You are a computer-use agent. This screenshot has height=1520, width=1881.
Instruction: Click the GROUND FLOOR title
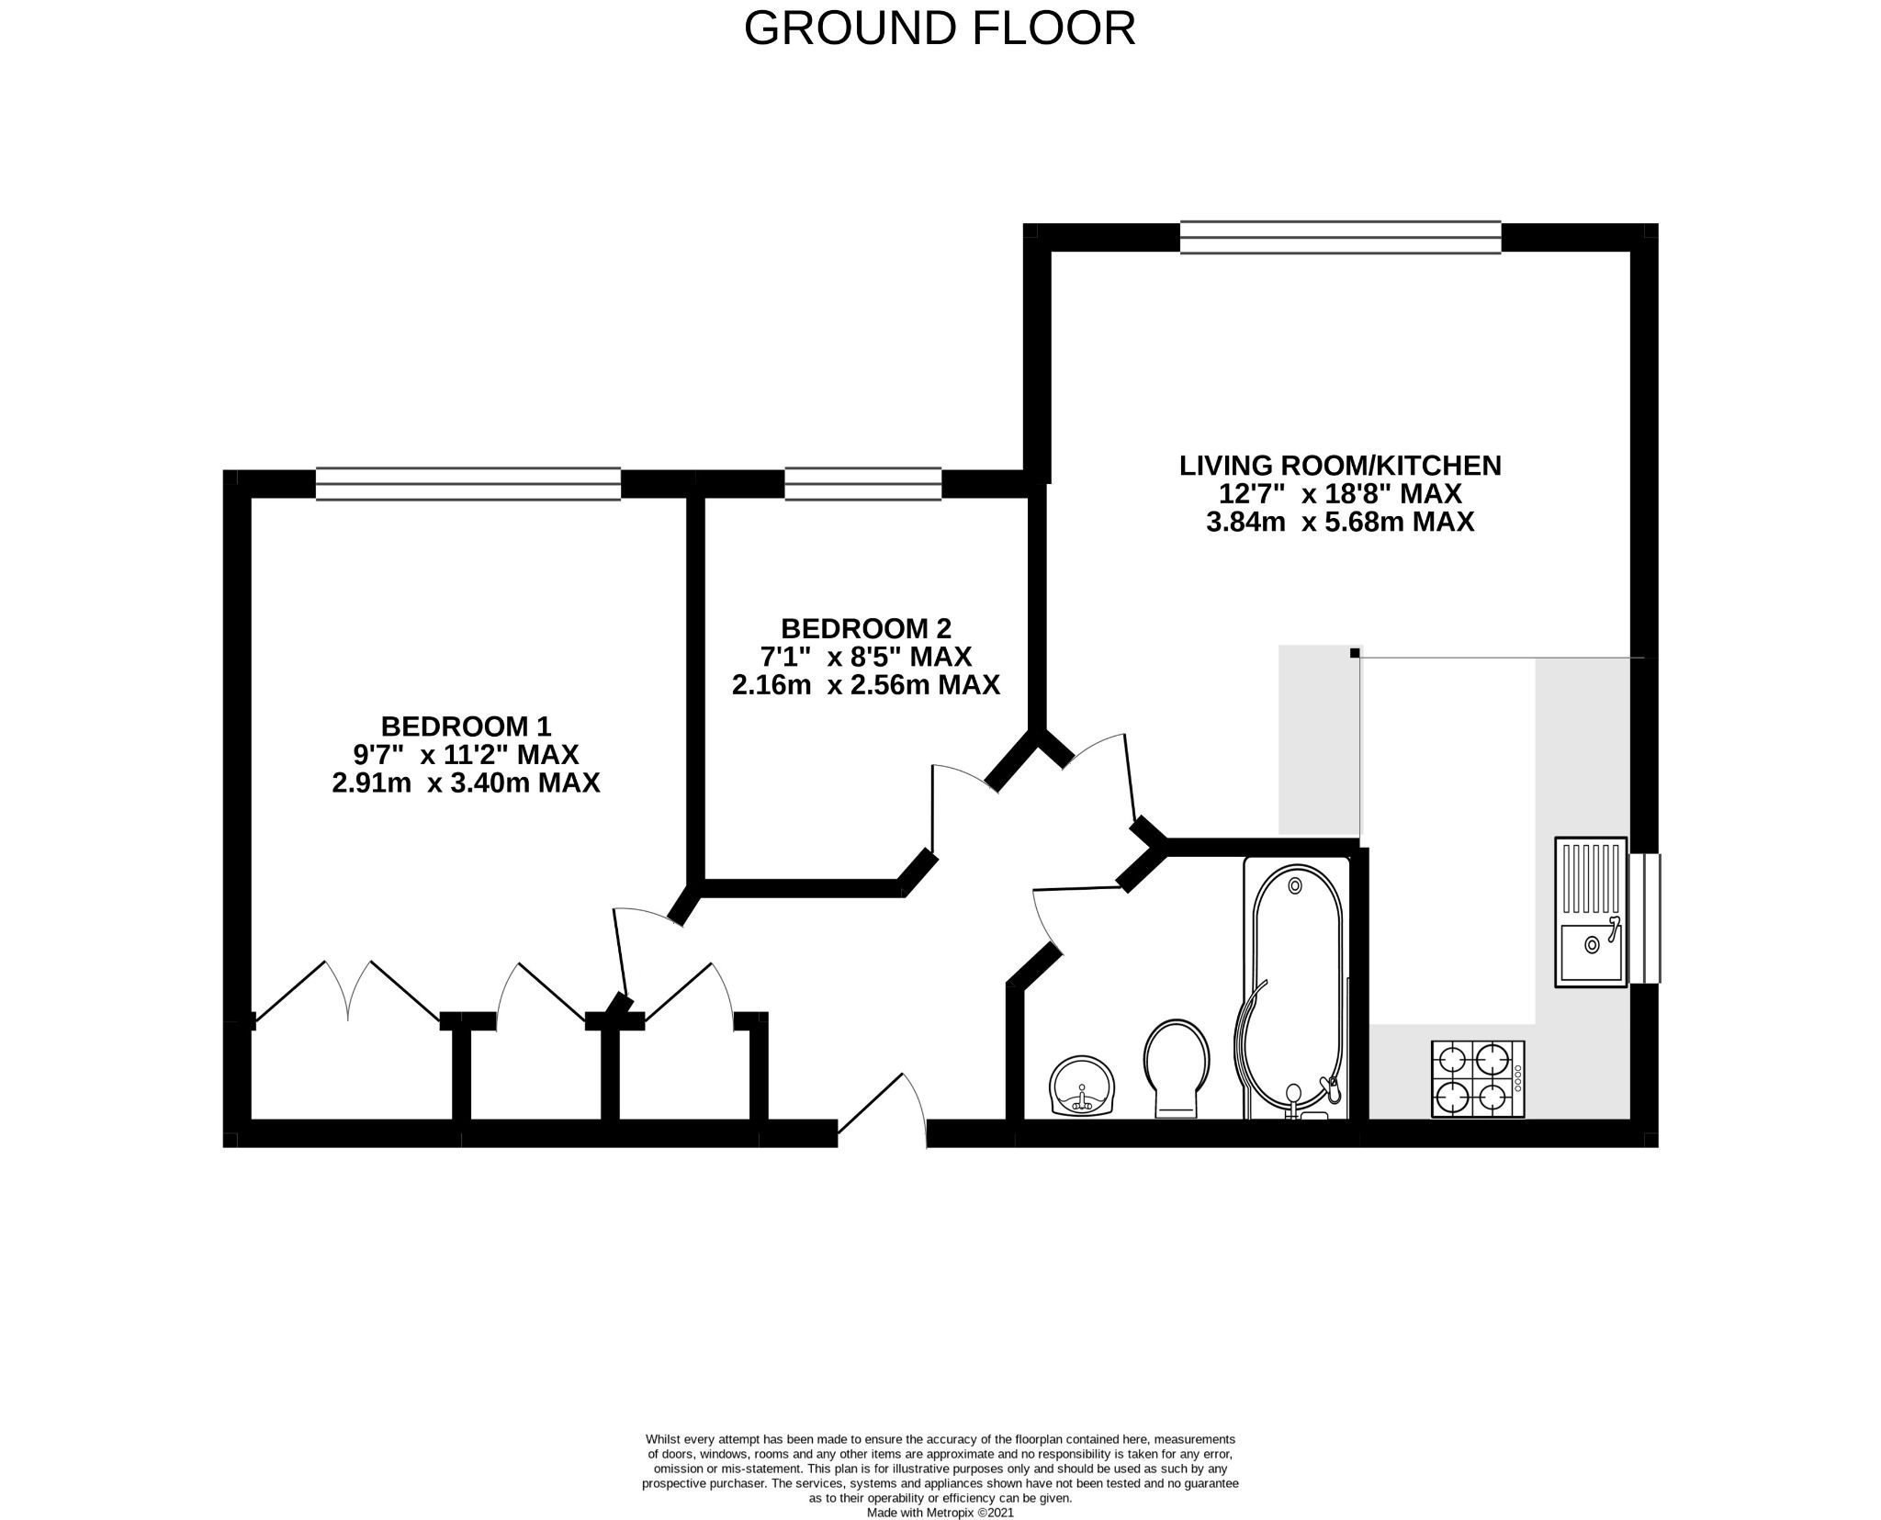pyautogui.click(x=939, y=29)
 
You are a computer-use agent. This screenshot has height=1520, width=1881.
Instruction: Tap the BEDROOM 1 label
pyautogui.click(x=466, y=726)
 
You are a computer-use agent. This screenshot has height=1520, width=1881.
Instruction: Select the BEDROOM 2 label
pyautogui.click(x=865, y=629)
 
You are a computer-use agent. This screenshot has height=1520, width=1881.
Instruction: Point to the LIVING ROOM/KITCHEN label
pyautogui.click(x=1339, y=466)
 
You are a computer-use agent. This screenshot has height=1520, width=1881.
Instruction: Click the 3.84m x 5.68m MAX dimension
pyautogui.click(x=1339, y=523)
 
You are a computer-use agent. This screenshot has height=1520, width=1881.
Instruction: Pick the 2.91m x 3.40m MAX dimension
pyautogui.click(x=466, y=783)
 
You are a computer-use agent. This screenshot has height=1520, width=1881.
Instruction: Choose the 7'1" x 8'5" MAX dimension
pyautogui.click(x=865, y=657)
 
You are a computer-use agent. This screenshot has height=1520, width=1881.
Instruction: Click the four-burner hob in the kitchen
pyautogui.click(x=1478, y=1079)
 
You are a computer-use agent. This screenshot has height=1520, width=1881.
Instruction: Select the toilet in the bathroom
pyautogui.click(x=1177, y=1068)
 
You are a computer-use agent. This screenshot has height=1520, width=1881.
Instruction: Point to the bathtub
pyautogui.click(x=1295, y=987)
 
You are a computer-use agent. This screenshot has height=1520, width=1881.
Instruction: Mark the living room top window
pyautogui.click(x=1340, y=237)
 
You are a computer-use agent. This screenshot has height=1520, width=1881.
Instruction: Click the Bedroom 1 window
pyautogui.click(x=467, y=484)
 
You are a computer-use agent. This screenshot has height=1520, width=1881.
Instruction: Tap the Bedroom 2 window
pyautogui.click(x=862, y=484)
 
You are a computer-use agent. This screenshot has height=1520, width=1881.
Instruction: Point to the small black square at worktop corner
pyautogui.click(x=1355, y=653)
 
